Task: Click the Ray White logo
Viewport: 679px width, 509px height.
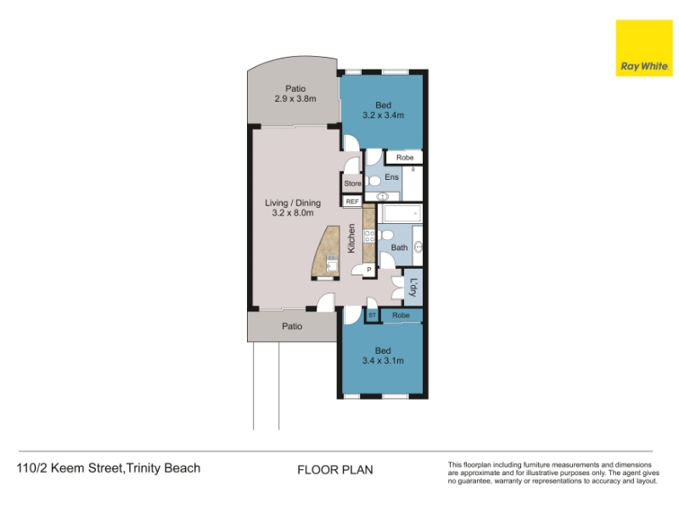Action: (644, 48)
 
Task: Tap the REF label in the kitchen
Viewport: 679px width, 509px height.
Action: (352, 202)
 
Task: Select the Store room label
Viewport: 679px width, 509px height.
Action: (352, 183)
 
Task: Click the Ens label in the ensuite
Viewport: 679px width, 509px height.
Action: (391, 177)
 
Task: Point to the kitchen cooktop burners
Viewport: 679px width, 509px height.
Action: (369, 237)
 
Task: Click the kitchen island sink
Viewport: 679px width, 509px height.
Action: (332, 264)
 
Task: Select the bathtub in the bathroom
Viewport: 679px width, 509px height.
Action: (401, 213)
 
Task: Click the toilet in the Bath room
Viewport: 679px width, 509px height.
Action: (385, 236)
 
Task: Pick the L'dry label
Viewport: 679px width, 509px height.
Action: (413, 288)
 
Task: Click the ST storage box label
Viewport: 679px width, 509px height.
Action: (373, 315)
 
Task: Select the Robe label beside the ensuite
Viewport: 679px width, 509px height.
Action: (405, 158)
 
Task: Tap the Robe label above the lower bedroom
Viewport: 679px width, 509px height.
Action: (401, 315)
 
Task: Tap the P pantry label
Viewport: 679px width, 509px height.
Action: (369, 270)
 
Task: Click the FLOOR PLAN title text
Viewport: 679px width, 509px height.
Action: (335, 470)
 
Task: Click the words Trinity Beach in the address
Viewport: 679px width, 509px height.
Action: (164, 468)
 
